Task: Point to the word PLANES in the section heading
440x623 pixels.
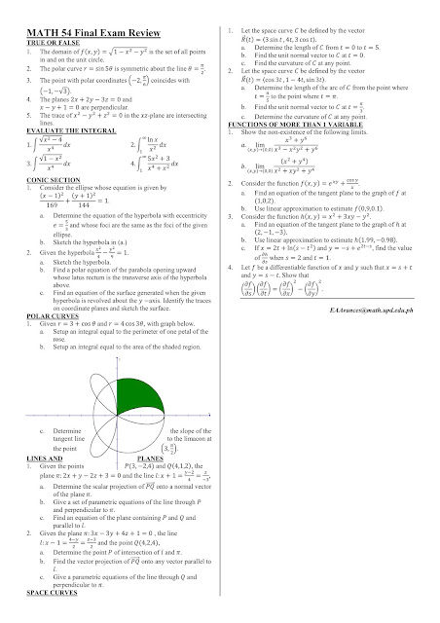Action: [x=155, y=481]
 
